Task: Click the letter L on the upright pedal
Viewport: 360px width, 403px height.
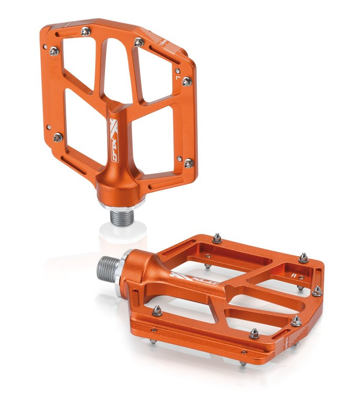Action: pyautogui.click(x=179, y=78)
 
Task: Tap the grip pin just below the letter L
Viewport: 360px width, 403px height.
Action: pyautogui.click(x=186, y=81)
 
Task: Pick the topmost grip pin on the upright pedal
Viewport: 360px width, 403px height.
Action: pyautogui.click(x=85, y=31)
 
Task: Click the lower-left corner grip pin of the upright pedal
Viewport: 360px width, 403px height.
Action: pyautogui.click(x=57, y=137)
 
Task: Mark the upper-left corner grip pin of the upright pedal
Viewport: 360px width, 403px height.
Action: pyautogui.click(x=54, y=51)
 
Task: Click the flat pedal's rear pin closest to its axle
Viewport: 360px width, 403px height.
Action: pyautogui.click(x=217, y=239)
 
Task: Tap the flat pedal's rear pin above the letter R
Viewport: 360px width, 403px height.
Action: pyautogui.click(x=303, y=257)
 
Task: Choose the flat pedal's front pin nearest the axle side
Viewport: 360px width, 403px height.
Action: pyautogui.click(x=157, y=311)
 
